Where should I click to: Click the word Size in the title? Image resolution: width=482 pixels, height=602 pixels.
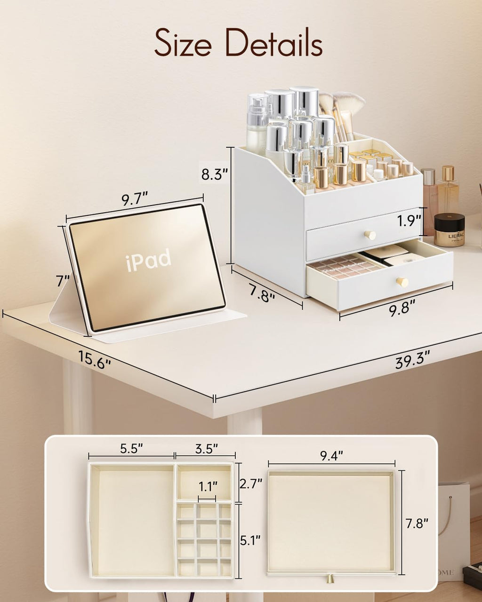coord(185,43)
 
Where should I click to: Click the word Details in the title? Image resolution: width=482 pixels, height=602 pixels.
coord(274,43)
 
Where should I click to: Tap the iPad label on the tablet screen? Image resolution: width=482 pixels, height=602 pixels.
coord(149,260)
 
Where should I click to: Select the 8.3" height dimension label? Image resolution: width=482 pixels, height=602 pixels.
coord(214,175)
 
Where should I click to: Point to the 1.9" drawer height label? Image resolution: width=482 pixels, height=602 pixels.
coord(409,221)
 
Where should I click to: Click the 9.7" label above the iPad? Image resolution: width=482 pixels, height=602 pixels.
coord(135,199)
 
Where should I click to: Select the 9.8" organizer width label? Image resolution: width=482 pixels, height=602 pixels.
coord(402,309)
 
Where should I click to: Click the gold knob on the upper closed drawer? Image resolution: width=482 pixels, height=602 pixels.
coord(370,235)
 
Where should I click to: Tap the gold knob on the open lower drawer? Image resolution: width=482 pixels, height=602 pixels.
coord(402,282)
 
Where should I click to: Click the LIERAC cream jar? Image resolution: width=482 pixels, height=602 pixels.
coord(449,230)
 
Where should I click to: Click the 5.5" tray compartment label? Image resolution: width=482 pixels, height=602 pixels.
coord(131,449)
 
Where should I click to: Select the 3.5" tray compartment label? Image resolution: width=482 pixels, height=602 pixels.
coord(206,449)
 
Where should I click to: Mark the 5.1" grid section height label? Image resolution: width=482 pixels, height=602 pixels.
coord(251,540)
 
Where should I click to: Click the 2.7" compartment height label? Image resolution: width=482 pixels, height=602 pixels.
coord(251,483)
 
